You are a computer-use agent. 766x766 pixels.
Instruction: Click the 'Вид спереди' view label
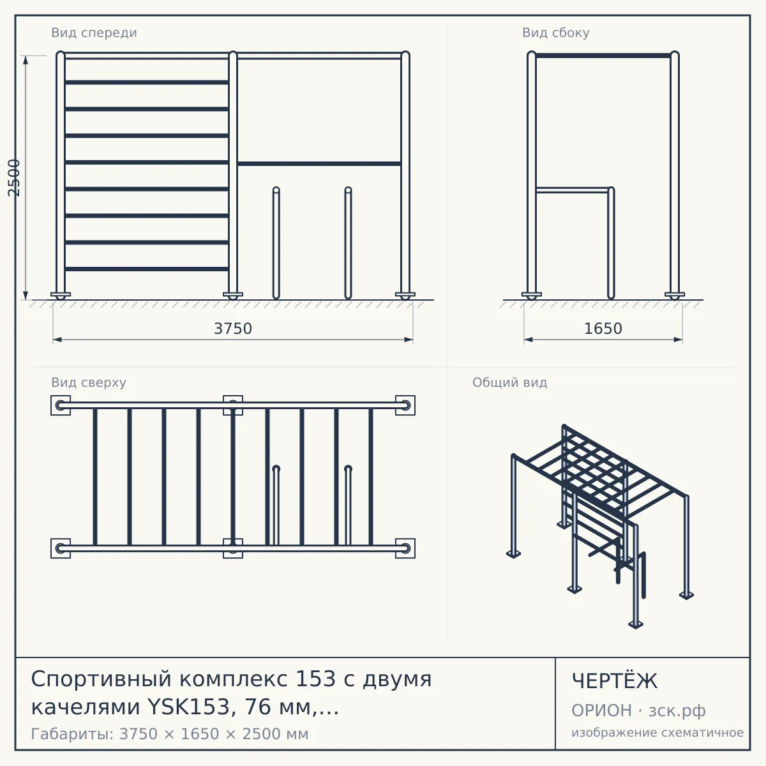pyautogui.click(x=94, y=33)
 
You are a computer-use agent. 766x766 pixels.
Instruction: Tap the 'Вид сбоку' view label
pyautogui.click(x=556, y=33)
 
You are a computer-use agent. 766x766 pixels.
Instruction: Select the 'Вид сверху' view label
pyautogui.click(x=89, y=382)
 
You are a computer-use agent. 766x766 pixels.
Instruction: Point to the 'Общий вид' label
pyautogui.click(x=509, y=382)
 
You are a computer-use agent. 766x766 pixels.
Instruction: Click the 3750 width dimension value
pyautogui.click(x=233, y=329)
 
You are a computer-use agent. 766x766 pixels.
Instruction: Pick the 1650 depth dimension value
pyautogui.click(x=603, y=329)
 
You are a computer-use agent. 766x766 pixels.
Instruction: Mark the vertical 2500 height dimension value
pyautogui.click(x=14, y=177)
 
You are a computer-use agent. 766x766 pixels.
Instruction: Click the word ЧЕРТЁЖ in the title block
pyautogui.click(x=615, y=681)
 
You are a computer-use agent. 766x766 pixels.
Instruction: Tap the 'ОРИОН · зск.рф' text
pyautogui.click(x=638, y=710)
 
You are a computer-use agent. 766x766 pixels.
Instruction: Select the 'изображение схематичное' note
pyautogui.click(x=657, y=732)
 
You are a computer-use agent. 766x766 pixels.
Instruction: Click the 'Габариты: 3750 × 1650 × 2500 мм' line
pyautogui.click(x=170, y=734)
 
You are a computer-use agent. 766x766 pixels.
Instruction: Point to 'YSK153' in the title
pyautogui.click(x=189, y=707)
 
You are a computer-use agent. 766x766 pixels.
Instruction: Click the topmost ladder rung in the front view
pyautogui.click(x=147, y=82)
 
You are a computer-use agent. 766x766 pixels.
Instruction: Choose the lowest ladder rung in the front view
pyautogui.click(x=147, y=269)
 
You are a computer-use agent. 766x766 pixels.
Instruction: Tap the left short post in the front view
pyautogui.click(x=276, y=243)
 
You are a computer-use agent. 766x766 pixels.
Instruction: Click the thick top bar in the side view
pyautogui.click(x=603, y=56)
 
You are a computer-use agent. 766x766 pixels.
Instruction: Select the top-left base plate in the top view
pyautogui.click(x=61, y=405)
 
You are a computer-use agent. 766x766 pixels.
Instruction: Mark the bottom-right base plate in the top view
pyautogui.click(x=405, y=548)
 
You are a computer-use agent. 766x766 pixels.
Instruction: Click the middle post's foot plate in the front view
pyautogui.click(x=233, y=295)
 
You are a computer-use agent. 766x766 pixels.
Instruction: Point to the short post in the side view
pyautogui.click(x=612, y=243)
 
